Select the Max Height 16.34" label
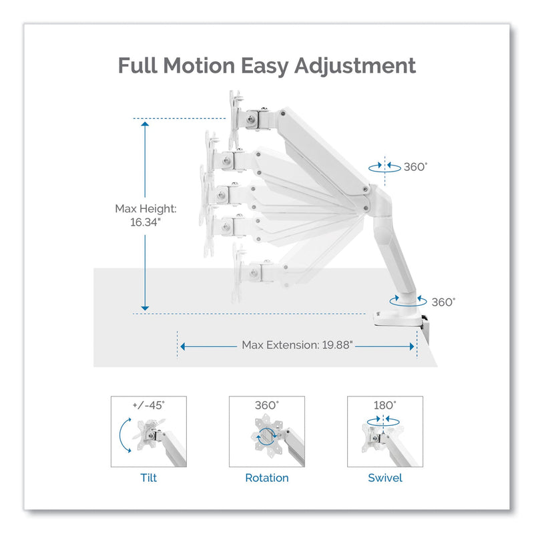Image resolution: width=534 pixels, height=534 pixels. (x=138, y=215)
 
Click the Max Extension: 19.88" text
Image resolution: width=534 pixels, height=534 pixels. (x=297, y=345)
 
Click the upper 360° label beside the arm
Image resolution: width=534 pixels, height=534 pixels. (x=415, y=167)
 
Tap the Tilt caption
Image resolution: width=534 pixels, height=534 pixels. (x=148, y=478)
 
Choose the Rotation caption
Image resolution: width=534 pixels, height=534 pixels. (x=266, y=478)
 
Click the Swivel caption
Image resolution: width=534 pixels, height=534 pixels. (x=385, y=478)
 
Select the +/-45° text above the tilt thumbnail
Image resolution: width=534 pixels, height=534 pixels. (x=149, y=405)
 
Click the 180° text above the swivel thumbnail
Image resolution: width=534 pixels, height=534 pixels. (x=385, y=405)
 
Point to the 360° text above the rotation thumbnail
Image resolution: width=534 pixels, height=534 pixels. (x=267, y=405)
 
